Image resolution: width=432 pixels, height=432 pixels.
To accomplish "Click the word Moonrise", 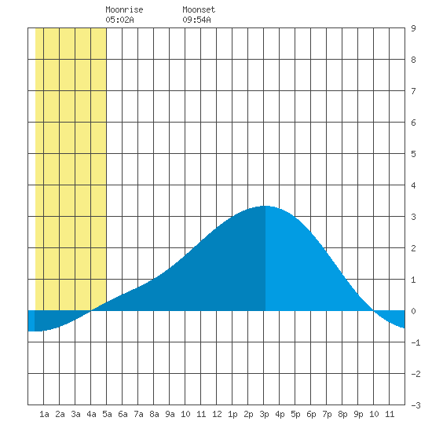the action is pos(124,10).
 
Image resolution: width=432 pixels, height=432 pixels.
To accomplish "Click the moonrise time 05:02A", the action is pos(119,20).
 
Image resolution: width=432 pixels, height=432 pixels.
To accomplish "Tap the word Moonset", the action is pos(199,10).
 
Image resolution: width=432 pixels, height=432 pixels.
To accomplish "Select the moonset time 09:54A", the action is pos(196,20).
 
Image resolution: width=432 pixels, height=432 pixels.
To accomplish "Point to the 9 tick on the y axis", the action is pos(413,28).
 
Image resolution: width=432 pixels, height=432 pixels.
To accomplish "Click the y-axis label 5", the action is pos(413,154).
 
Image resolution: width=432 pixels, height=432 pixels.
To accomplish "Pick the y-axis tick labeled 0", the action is pos(413,311).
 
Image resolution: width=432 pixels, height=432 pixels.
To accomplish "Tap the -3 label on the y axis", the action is pos(416,405).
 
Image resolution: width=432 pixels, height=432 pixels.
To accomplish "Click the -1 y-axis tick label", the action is pos(416,342).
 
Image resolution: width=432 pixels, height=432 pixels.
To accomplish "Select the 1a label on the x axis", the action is pos(44,414).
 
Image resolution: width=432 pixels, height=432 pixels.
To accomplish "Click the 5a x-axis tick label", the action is pos(107,414).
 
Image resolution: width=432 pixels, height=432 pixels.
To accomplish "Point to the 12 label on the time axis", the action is pos(217,414).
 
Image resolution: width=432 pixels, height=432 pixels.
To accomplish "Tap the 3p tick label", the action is pos(264,414).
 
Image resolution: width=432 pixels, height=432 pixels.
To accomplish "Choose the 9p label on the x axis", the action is pos(358,414).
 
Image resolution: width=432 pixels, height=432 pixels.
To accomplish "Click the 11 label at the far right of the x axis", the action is pos(390,414).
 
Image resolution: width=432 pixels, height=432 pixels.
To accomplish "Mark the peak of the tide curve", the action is pos(265,206).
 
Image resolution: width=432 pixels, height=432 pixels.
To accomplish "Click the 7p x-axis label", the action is pos(327,414).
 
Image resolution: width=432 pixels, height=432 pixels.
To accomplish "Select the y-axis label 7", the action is pos(413,91).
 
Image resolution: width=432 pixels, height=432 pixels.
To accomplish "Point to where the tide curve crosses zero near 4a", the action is pos(90,311).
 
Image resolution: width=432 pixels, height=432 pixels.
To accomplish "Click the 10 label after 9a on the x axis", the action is pos(185,414).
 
